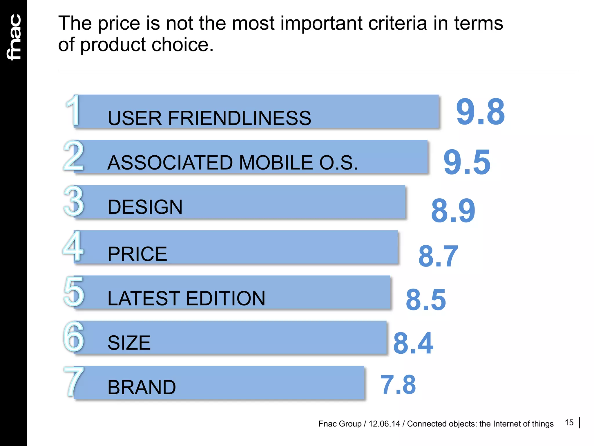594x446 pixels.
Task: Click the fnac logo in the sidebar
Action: (14, 37)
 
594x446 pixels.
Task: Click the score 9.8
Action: (480, 112)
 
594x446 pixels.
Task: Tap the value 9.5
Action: (467, 162)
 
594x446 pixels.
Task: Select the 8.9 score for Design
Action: (453, 211)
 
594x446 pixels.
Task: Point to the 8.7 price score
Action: (438, 256)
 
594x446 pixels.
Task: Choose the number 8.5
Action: (425, 300)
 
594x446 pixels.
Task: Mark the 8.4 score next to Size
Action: (413, 344)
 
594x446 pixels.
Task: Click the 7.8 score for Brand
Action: (398, 385)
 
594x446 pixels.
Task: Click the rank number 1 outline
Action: (73, 111)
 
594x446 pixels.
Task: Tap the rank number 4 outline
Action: (73, 246)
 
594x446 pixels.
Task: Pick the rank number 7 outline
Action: (74, 381)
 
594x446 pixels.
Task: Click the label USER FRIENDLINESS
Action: (209, 118)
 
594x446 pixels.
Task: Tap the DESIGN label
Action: (145, 207)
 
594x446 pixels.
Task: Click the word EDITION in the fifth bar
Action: (225, 298)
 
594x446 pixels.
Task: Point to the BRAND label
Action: (142, 387)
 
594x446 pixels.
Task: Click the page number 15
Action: (569, 423)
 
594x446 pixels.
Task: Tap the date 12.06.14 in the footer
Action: (384, 424)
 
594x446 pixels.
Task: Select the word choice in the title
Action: (182, 45)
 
